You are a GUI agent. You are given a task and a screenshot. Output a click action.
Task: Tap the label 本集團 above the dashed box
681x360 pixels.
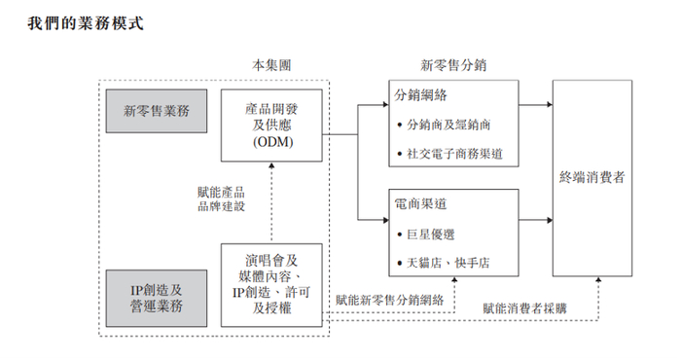pos(269,65)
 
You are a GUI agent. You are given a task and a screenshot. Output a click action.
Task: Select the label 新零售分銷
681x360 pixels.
pos(453,65)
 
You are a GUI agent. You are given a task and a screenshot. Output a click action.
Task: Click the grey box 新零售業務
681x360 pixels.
pos(157,111)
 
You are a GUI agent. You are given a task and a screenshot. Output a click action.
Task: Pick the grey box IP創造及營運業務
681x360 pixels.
pos(157,297)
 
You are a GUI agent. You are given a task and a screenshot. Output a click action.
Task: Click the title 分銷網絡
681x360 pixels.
pos(421,96)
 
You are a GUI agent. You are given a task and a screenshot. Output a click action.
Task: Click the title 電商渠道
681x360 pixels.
pos(421,205)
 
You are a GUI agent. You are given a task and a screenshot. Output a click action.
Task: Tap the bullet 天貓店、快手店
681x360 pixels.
pos(448,264)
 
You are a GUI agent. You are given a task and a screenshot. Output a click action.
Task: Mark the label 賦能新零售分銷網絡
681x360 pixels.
pos(389,301)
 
